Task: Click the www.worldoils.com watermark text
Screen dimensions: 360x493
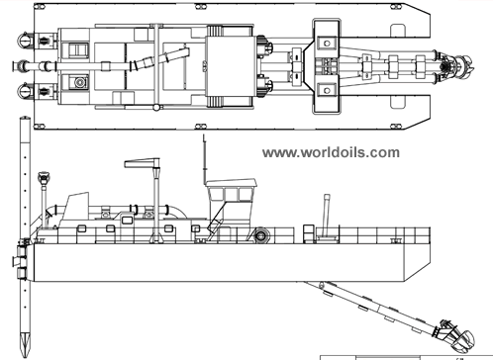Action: [x=332, y=152]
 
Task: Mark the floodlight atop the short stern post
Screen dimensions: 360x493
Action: [x=43, y=179]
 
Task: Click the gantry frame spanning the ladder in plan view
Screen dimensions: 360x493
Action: [x=326, y=68]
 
